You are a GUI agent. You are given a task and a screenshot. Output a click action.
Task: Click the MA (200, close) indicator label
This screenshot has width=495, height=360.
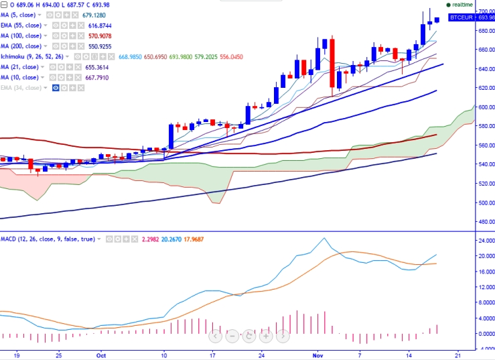[x=21, y=46]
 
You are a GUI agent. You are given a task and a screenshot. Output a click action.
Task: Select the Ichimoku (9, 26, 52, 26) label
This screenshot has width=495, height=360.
[x=32, y=57]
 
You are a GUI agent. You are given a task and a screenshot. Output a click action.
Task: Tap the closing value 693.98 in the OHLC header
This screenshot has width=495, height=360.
[x=101, y=5]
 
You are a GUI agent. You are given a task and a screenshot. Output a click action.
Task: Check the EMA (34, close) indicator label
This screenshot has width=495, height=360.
[x=22, y=88]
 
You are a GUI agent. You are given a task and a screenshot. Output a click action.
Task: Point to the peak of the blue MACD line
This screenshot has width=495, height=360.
[x=324, y=238]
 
